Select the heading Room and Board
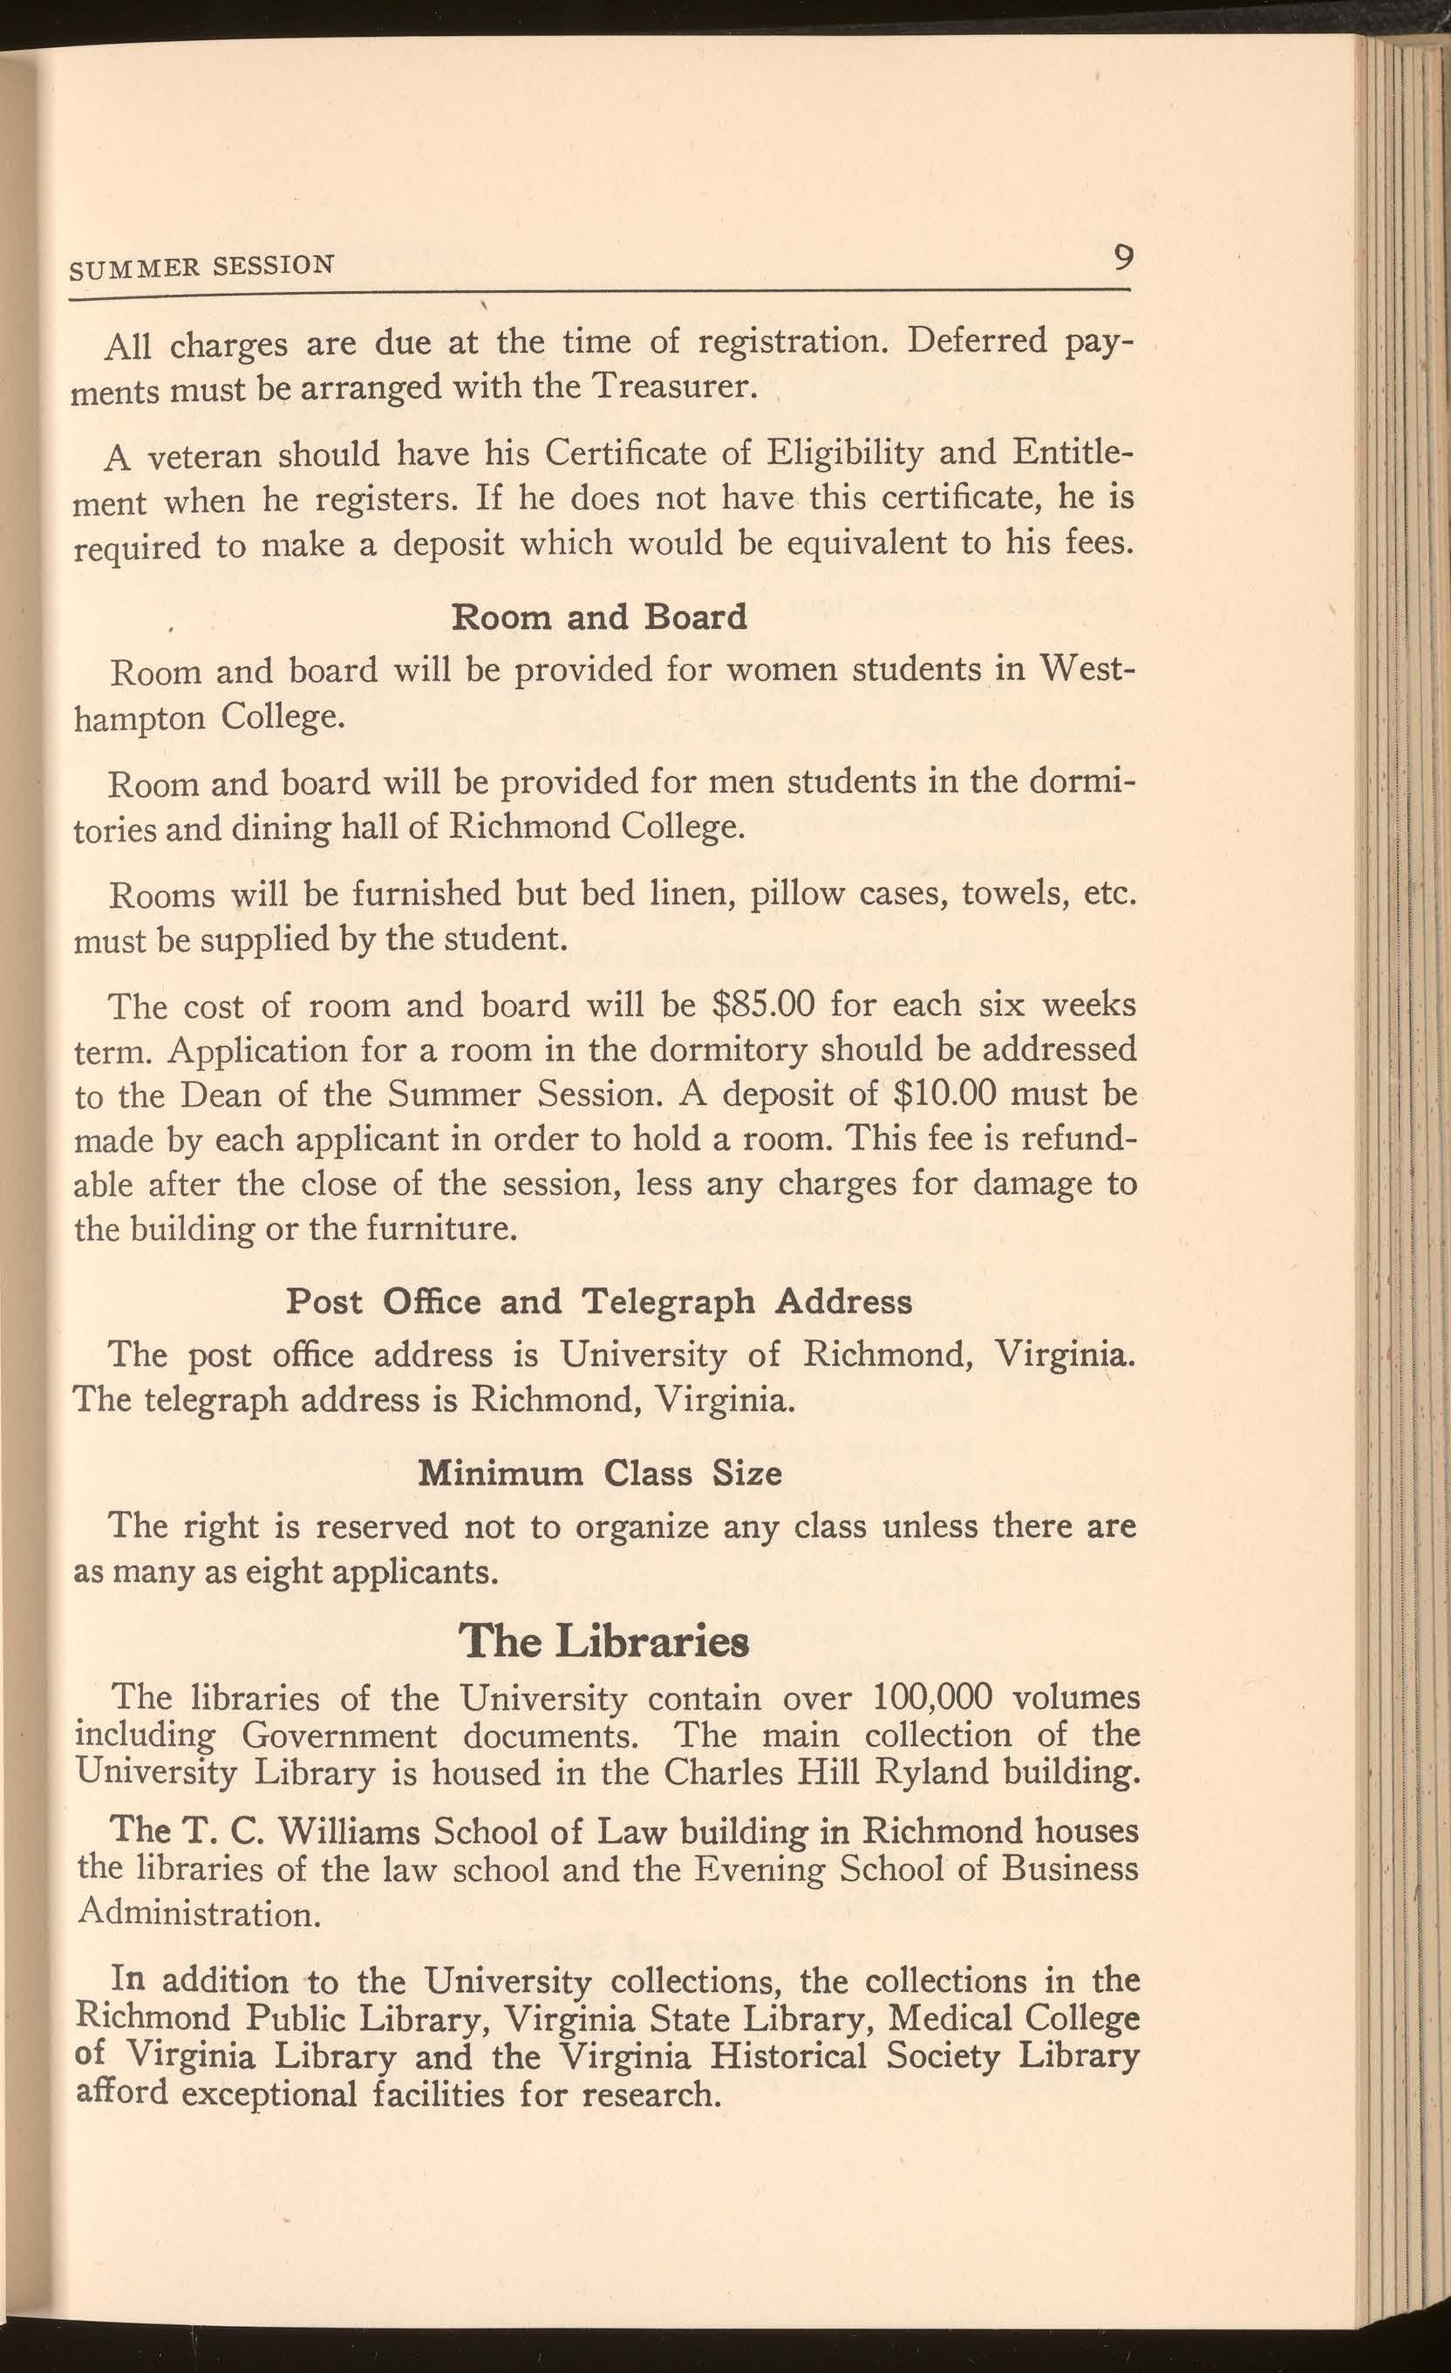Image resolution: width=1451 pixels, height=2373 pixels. click(599, 617)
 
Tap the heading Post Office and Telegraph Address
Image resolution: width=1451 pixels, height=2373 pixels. click(599, 1302)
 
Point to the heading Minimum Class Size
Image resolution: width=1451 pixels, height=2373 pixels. click(599, 1474)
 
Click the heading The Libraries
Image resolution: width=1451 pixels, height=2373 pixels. click(603, 1641)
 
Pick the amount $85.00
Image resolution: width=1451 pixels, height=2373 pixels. click(763, 1005)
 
